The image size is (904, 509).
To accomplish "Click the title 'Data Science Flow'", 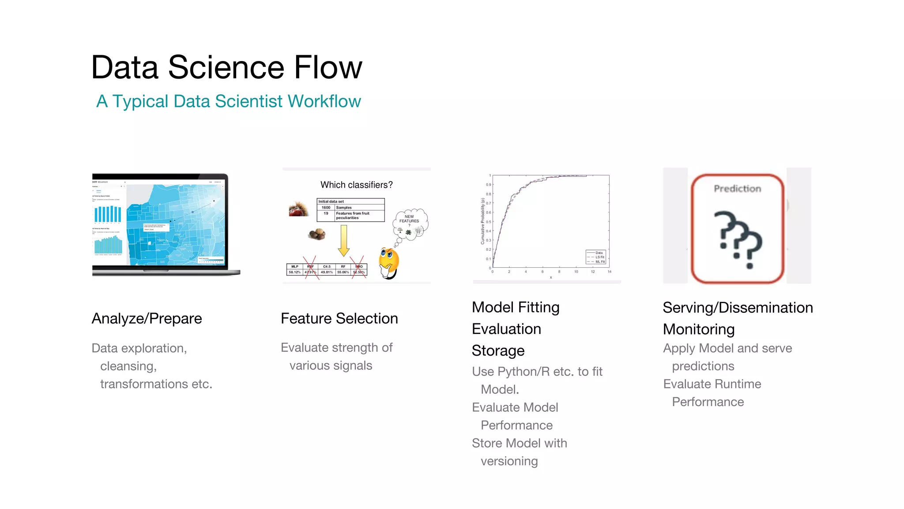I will (x=226, y=67).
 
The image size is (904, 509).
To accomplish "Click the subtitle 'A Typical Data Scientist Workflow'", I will (x=228, y=101).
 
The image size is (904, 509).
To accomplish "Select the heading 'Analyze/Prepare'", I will (x=147, y=319).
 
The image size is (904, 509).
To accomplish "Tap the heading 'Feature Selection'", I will (x=339, y=319).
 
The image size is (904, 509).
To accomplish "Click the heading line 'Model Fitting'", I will (x=515, y=307).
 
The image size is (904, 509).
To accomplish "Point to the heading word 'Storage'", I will (x=498, y=350).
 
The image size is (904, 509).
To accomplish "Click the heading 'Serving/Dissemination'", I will (x=737, y=308).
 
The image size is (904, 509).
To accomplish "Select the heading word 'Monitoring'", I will (x=698, y=329).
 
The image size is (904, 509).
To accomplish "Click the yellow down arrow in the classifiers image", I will (x=343, y=241).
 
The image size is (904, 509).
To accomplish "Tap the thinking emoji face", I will (x=388, y=262).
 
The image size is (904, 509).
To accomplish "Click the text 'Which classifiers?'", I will (x=356, y=185).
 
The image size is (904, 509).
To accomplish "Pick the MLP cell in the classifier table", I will (x=294, y=267).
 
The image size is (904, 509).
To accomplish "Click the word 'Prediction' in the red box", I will (x=737, y=189).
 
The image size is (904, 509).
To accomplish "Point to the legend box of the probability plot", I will (x=596, y=257).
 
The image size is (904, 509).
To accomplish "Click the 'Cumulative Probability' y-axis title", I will (x=482, y=221).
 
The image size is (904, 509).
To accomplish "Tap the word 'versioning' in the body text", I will (x=509, y=461).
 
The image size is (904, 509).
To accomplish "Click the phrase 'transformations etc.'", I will (x=156, y=384).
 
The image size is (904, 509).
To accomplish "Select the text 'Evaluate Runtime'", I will (x=712, y=384).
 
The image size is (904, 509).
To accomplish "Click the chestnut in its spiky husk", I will (x=298, y=209).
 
